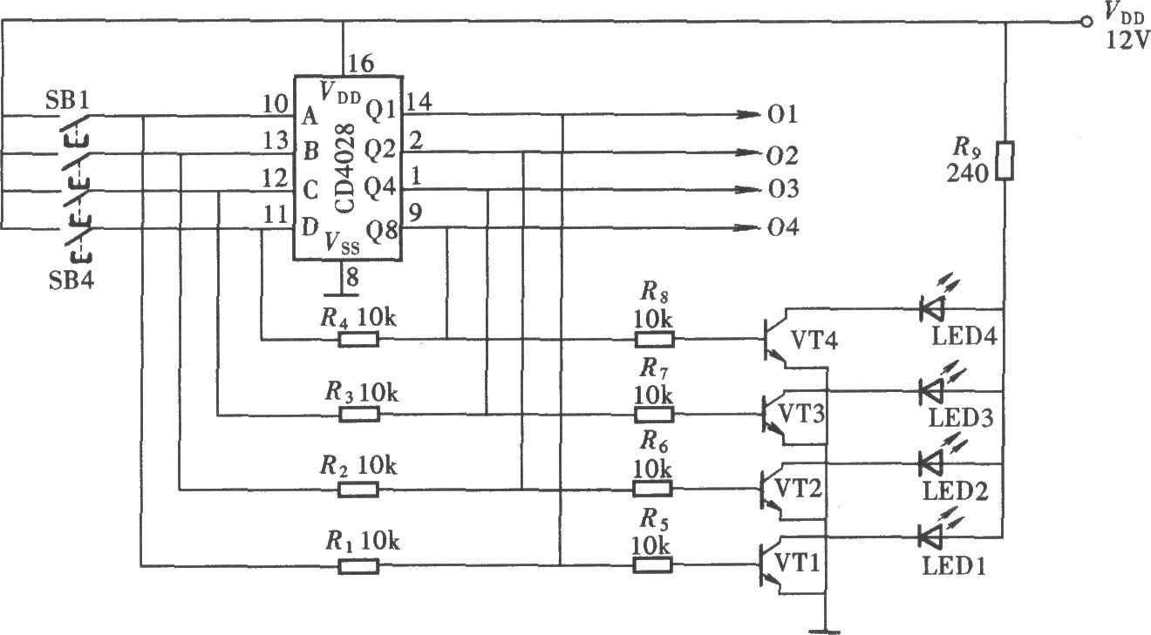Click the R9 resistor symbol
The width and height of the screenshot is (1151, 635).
pos(1005,160)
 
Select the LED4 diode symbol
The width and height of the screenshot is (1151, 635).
pos(931,309)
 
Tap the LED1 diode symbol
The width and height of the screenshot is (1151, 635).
pos(930,537)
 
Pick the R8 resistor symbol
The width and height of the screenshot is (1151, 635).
pos(654,340)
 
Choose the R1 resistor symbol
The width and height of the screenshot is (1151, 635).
pos(358,566)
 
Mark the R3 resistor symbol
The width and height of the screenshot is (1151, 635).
pos(359,415)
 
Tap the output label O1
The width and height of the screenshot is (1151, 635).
pos(782,114)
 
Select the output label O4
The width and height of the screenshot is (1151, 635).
pos(783,227)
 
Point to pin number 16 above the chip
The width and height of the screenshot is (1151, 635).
pos(361,64)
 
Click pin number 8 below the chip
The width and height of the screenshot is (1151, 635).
pos(352,277)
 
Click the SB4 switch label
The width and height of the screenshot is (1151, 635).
pos(71,280)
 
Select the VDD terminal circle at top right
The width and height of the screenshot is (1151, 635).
pos(1086,22)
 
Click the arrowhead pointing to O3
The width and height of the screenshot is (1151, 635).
pos(747,189)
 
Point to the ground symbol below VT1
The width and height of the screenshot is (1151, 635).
pos(824,632)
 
